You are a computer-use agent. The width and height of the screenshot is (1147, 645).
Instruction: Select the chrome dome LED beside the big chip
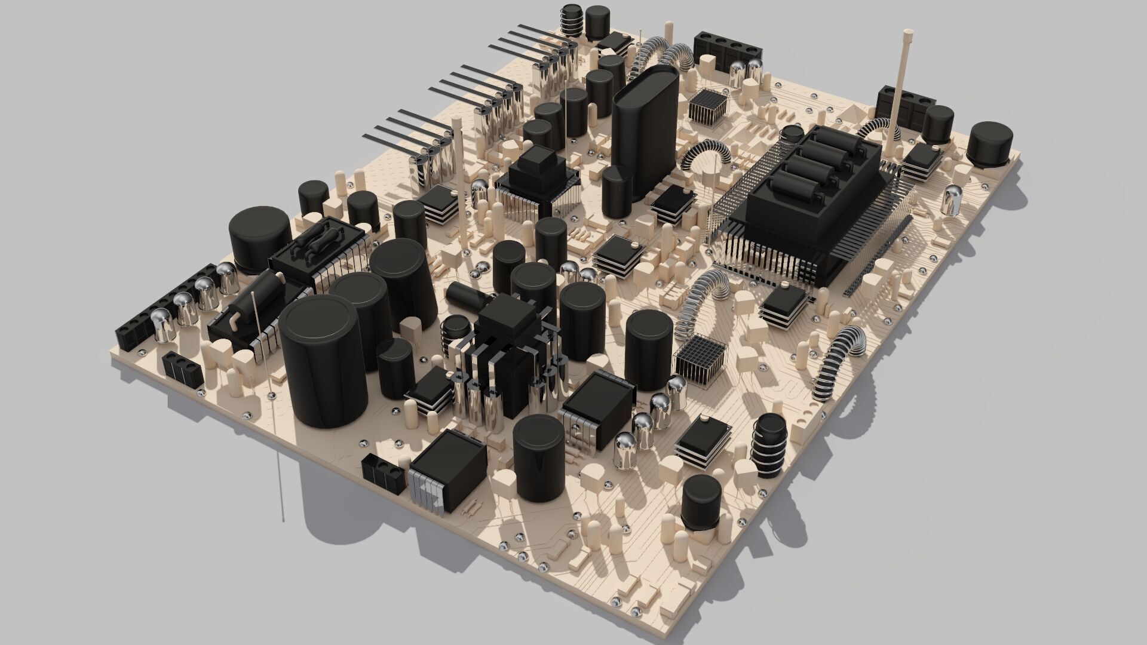951,200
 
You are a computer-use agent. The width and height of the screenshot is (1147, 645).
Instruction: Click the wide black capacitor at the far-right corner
990,142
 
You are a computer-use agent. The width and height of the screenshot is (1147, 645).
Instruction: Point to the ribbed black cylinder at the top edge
572,21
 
